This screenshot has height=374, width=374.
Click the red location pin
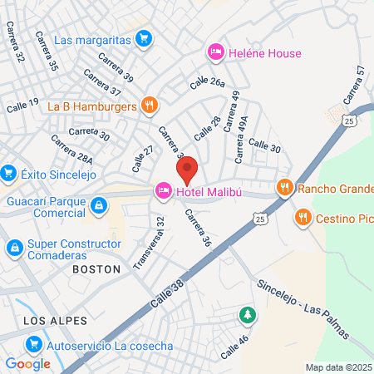[187, 170]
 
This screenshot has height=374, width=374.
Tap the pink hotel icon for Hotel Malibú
[163, 191]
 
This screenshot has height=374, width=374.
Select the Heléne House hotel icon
[215, 53]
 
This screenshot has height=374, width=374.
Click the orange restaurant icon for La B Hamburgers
[149, 105]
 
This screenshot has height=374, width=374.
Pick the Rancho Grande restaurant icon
[284, 188]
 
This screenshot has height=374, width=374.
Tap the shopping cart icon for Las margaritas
[145, 39]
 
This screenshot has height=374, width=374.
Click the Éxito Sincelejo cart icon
[9, 174]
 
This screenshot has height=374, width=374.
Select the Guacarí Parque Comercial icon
[99, 204]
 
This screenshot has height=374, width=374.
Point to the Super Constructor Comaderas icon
[15, 248]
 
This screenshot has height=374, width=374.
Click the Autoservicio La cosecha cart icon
[33, 344]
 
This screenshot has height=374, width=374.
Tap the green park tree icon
[247, 315]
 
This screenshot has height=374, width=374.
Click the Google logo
[27, 363]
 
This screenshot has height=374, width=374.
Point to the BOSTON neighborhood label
[96, 269]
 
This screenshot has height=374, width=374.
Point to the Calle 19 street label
[22, 105]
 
